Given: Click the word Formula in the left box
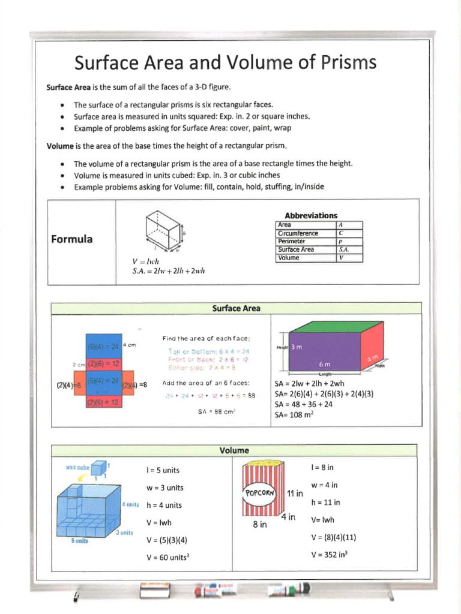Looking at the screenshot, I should tap(71, 239).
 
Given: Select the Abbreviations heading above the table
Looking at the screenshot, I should tap(310, 215).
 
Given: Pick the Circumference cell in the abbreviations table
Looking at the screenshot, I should tap(298, 233).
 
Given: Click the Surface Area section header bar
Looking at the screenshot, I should tap(237, 309).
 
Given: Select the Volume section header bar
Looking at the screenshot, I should tap(235, 450).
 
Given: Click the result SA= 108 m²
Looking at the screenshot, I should tap(294, 414).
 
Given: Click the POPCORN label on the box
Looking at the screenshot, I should tap(259, 492).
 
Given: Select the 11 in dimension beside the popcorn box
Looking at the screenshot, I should tap(295, 493).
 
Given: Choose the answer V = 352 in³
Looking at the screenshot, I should tap(330, 555).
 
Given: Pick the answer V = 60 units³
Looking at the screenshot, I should tap(168, 558).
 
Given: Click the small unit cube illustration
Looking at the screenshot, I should tap(99, 467).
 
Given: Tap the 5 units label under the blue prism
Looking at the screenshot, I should tap(79, 540).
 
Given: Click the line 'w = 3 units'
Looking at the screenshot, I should tap(165, 487).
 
